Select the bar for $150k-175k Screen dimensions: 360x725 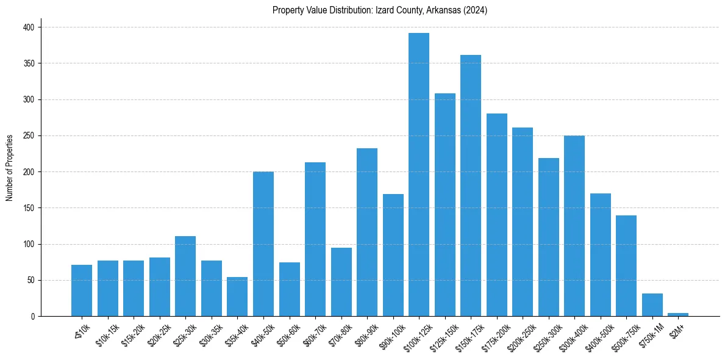click(x=471, y=185)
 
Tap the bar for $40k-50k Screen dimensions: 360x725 click(x=263, y=244)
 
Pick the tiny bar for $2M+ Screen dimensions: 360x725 click(x=678, y=315)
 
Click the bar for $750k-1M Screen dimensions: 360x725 click(x=652, y=305)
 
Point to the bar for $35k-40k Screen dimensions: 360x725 click(x=237, y=297)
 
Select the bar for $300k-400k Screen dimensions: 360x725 click(x=574, y=226)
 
